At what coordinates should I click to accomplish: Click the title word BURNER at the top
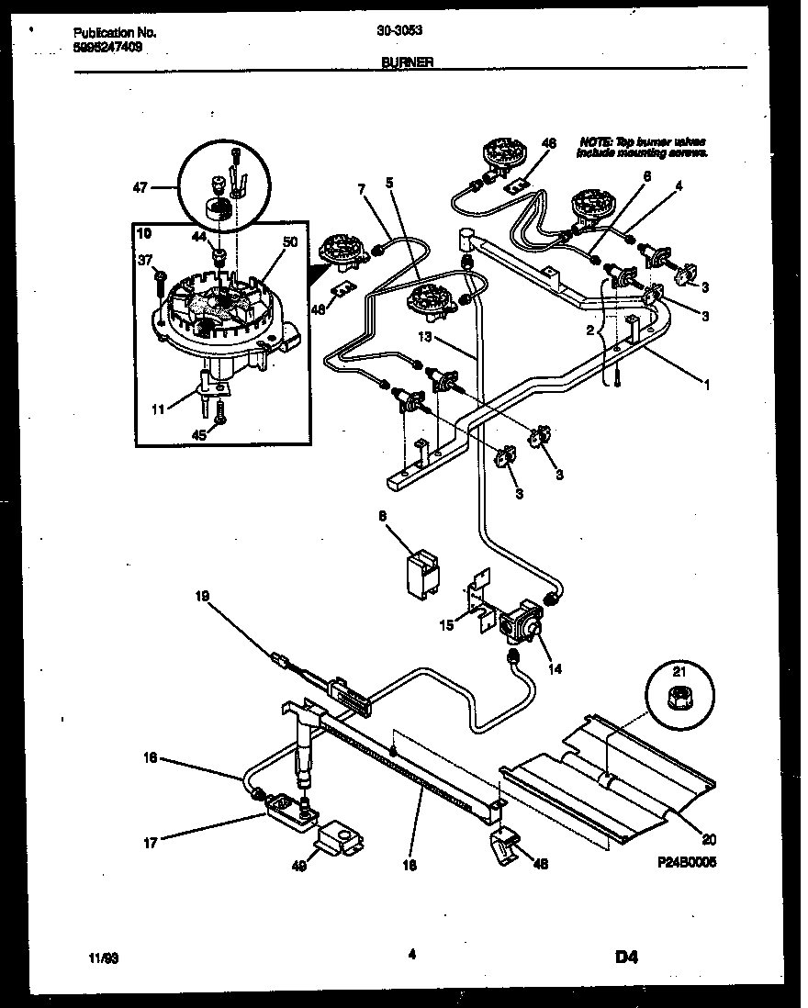click(x=408, y=63)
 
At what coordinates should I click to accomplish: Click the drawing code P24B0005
click(x=689, y=864)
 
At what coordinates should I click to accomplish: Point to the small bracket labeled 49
click(x=338, y=839)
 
